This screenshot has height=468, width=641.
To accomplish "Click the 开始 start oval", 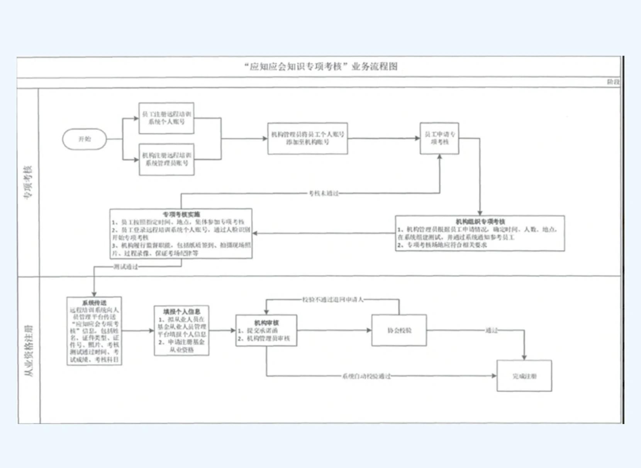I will pyautogui.click(x=85, y=139).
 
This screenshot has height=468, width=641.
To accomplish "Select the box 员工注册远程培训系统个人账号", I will pyautogui.click(x=166, y=118).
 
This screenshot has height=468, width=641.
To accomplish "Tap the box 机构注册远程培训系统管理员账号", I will pyautogui.click(x=166, y=159).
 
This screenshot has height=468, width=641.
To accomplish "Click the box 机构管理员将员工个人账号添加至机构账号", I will pyautogui.click(x=307, y=138).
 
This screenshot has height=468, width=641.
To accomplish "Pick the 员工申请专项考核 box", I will pyautogui.click(x=439, y=138).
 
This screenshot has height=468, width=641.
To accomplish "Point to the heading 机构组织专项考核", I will pyautogui.click(x=480, y=222).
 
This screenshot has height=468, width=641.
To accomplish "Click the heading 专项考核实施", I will pyautogui.click(x=181, y=214).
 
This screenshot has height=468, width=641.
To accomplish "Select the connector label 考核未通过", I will pyautogui.click(x=324, y=193).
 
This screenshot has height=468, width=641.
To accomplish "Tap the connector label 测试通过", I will pyautogui.click(x=125, y=267).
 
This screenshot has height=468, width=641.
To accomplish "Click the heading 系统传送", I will pyautogui.click(x=94, y=303).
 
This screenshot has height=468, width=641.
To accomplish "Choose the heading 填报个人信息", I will pyautogui.click(x=181, y=312).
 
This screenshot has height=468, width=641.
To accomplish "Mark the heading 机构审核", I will pyautogui.click(x=266, y=322).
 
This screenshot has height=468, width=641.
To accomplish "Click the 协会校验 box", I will pyautogui.click(x=399, y=331).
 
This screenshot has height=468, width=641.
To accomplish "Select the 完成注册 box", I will pyautogui.click(x=524, y=376).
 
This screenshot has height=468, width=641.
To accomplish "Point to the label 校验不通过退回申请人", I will pyautogui.click(x=332, y=300).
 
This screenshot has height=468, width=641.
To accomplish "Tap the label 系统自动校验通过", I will pyautogui.click(x=366, y=376).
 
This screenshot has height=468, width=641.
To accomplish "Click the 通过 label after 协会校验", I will pyautogui.click(x=491, y=331).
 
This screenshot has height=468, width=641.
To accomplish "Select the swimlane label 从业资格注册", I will pyautogui.click(x=29, y=351).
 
